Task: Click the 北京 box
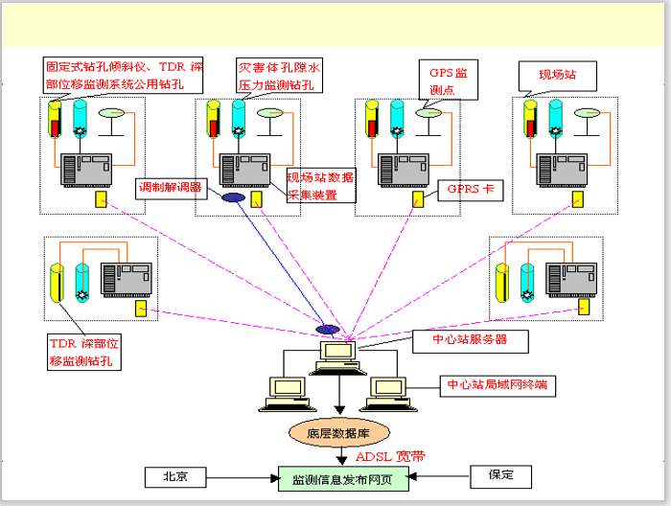point(175,475)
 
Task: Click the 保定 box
point(501,475)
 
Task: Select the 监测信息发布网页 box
point(342,478)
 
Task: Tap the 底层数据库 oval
point(337,433)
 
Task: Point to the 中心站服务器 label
point(473,339)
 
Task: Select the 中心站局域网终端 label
point(498,385)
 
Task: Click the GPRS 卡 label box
point(470,191)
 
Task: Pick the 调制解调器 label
point(170,187)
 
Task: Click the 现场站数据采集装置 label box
point(321,186)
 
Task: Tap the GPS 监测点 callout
point(447,81)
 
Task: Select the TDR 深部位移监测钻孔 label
point(86,352)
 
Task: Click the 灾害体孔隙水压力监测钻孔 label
point(280,76)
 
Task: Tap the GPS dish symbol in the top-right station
point(586,111)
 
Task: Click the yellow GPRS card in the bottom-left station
point(141,309)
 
